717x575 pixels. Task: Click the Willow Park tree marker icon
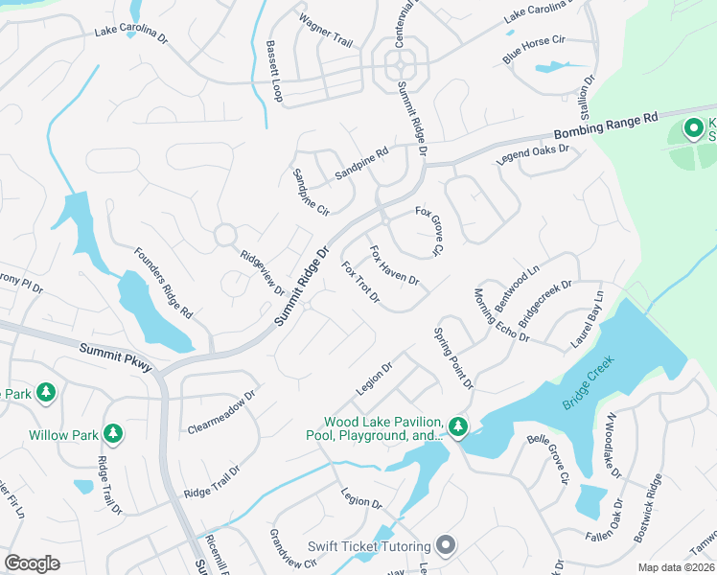[113, 434]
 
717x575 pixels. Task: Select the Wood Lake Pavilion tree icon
[458, 426]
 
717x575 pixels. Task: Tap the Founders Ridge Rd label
[163, 284]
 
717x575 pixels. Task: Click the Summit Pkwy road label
[115, 357]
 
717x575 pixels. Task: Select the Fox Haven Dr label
[394, 265]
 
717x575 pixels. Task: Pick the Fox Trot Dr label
[361, 283]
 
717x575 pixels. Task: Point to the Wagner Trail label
[325, 29]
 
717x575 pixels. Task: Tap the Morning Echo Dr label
[501, 314]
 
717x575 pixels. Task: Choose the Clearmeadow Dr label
[222, 410]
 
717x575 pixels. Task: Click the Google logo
[32, 563]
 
